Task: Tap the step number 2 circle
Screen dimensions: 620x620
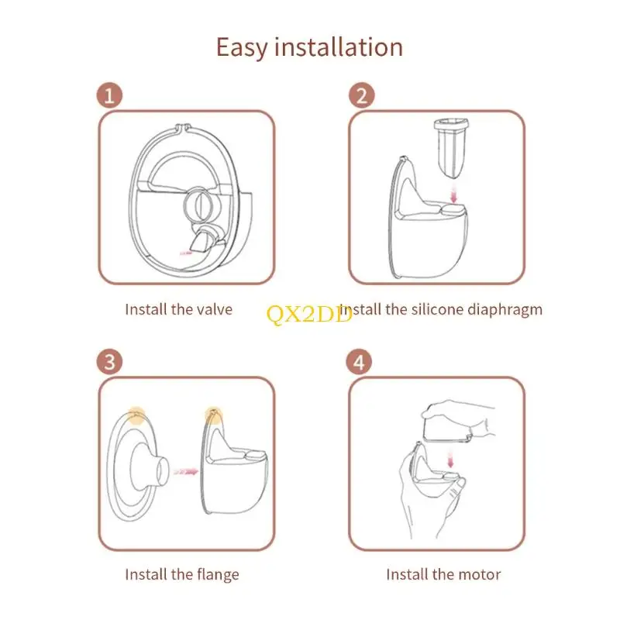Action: [362, 96]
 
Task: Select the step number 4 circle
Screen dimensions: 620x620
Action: [362, 362]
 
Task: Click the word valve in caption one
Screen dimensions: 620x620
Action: [213, 309]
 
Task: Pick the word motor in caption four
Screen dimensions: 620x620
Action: [478, 574]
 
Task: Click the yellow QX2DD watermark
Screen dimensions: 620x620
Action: [309, 314]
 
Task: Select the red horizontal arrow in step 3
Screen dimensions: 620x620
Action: [184, 470]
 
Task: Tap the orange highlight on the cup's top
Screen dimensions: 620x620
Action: [212, 415]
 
